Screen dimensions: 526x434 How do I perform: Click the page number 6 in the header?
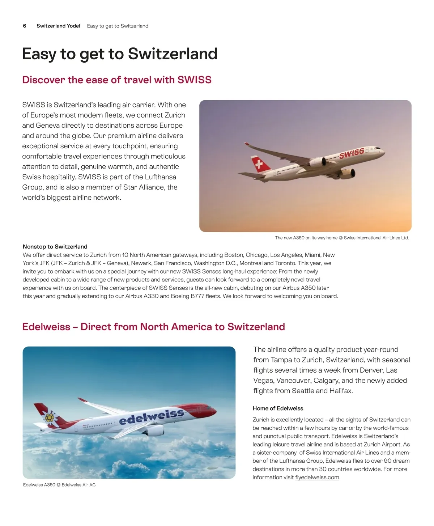point(25,26)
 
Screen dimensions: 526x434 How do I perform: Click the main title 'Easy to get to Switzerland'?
point(120,54)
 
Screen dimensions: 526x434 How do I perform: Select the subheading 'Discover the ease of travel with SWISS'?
point(117,80)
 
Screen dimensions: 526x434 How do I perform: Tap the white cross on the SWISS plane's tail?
point(259,165)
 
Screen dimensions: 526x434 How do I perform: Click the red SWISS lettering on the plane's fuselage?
point(351,153)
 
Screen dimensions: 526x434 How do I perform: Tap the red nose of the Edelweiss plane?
point(212,411)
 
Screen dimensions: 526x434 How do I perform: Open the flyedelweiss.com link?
point(317,478)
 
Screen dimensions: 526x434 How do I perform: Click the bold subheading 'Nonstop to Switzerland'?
point(55,247)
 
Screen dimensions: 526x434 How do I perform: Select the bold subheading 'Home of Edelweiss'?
point(278,408)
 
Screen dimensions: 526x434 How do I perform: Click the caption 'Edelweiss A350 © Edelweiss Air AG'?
point(59,485)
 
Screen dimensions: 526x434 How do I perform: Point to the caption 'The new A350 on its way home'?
point(306,238)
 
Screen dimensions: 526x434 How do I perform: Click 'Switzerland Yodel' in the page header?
point(58,26)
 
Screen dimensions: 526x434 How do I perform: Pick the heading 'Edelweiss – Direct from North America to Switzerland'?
point(153,327)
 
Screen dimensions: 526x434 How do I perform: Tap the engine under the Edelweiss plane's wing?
point(154,430)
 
